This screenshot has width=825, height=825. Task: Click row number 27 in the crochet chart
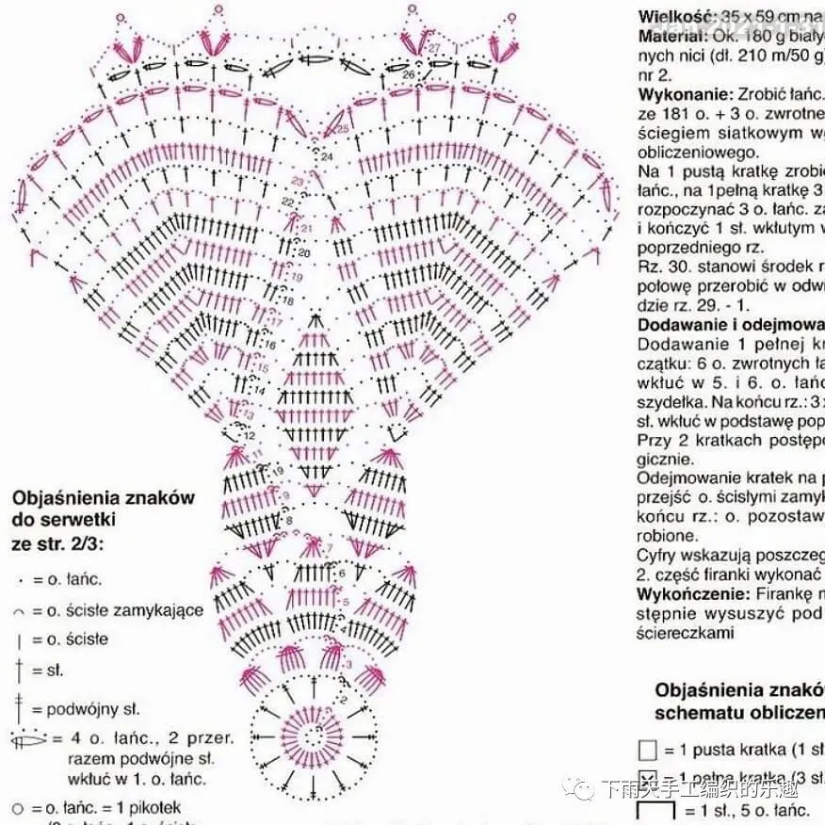coord(434,47)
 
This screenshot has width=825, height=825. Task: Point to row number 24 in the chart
coord(327,156)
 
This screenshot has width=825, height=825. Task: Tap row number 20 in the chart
coord(303,253)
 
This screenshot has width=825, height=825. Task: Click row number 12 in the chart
coord(250,437)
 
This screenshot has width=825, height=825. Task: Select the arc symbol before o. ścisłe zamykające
coord(20,611)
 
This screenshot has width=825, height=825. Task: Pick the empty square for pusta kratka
coord(647,750)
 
